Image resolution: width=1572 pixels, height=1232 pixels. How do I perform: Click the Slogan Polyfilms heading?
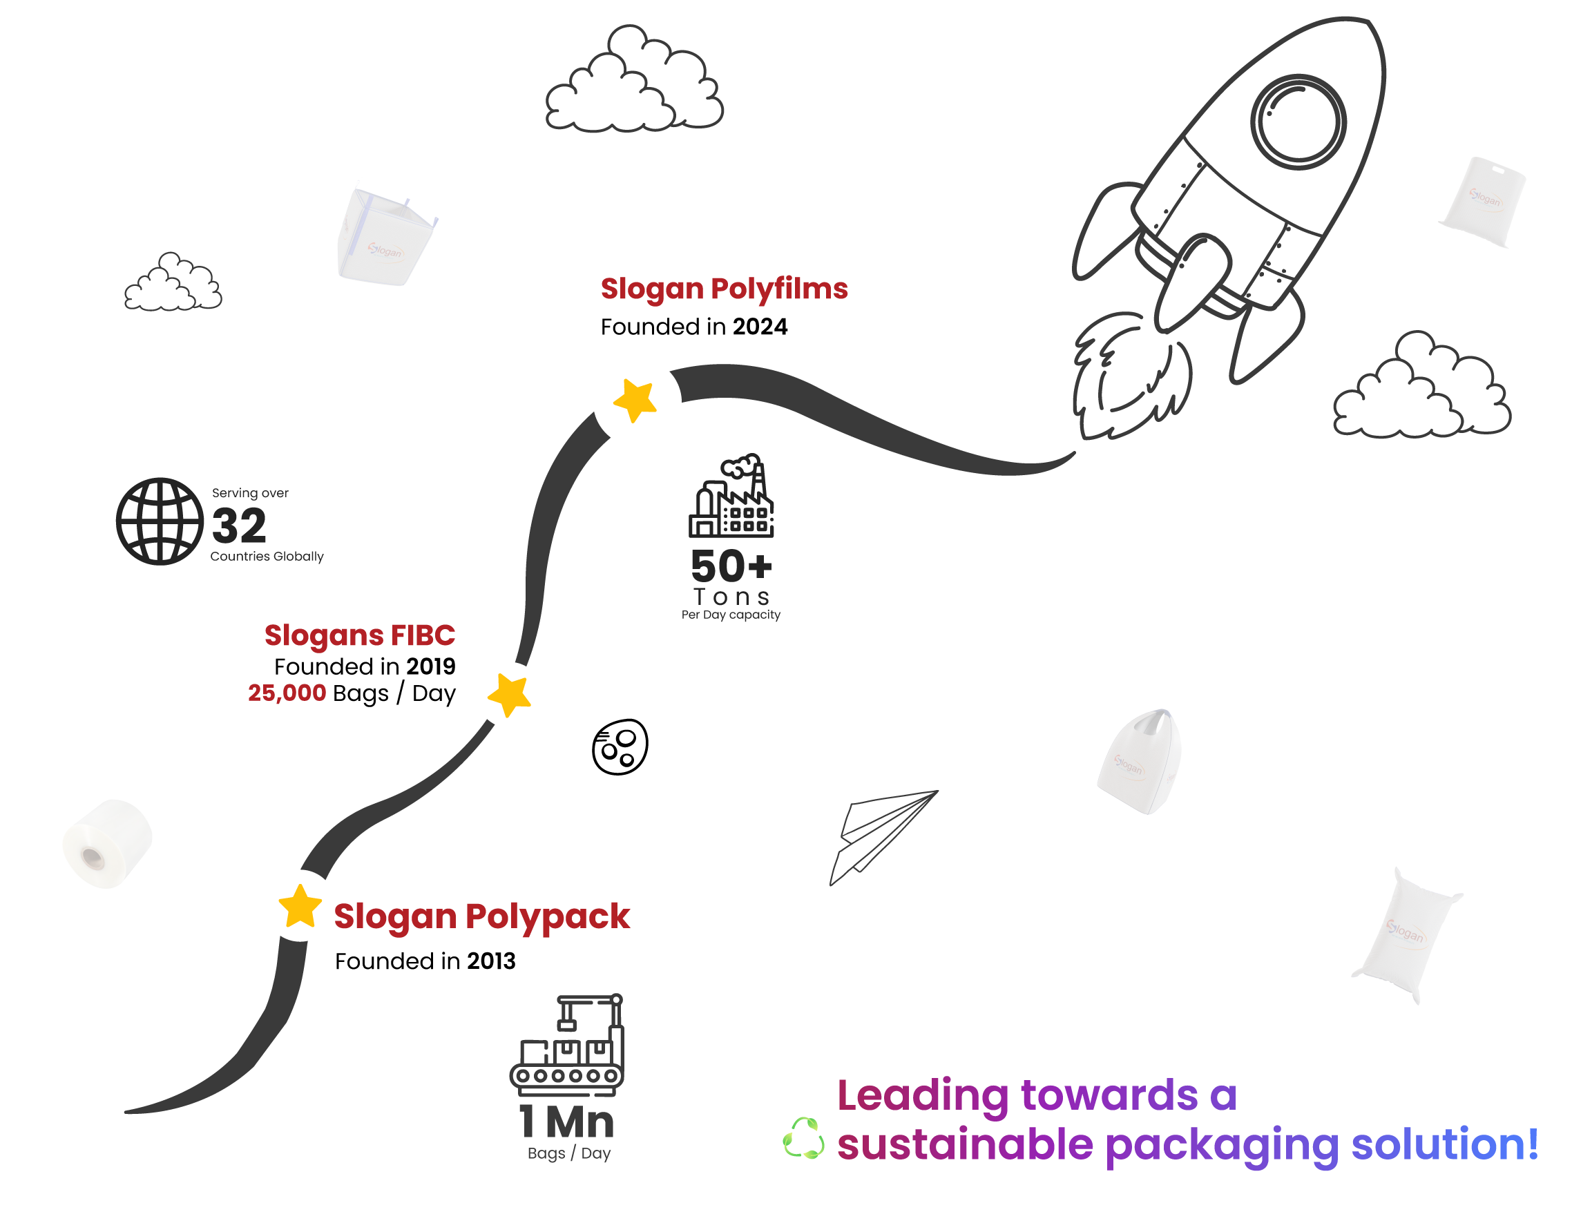click(x=724, y=289)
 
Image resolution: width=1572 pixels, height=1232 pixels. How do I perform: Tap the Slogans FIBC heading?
click(x=359, y=635)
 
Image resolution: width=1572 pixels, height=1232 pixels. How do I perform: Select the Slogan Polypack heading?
click(x=481, y=916)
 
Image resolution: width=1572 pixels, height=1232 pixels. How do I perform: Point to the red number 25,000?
click(x=287, y=693)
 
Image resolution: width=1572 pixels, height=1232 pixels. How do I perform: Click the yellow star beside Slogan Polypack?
click(x=300, y=907)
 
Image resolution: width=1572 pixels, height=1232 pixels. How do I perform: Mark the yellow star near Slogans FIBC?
click(x=510, y=695)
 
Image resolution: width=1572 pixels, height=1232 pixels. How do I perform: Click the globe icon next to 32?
click(x=160, y=521)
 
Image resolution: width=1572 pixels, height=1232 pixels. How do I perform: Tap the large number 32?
click(x=240, y=525)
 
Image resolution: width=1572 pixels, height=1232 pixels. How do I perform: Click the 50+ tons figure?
click(x=731, y=566)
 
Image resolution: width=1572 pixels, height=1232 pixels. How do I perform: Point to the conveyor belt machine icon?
click(x=567, y=1046)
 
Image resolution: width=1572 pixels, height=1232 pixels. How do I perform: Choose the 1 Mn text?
click(x=567, y=1122)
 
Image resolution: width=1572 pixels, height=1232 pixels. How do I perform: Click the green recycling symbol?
click(x=804, y=1138)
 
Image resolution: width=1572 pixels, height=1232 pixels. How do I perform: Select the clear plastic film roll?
click(x=107, y=843)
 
